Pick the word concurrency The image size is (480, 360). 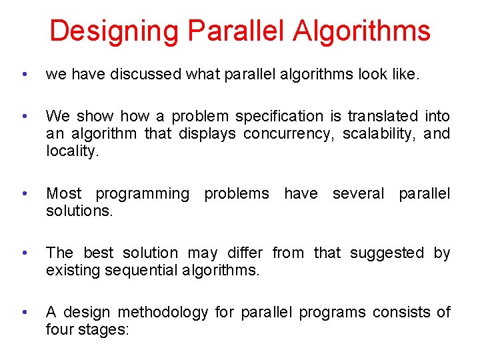point(288,134)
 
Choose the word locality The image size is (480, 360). point(71,151)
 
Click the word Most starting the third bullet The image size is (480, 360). point(63,193)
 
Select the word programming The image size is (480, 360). point(143,193)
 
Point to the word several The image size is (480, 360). point(358,193)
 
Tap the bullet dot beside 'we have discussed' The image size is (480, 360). point(24,75)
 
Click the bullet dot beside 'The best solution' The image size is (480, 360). point(24,253)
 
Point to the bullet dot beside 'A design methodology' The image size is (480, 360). point(24,312)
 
